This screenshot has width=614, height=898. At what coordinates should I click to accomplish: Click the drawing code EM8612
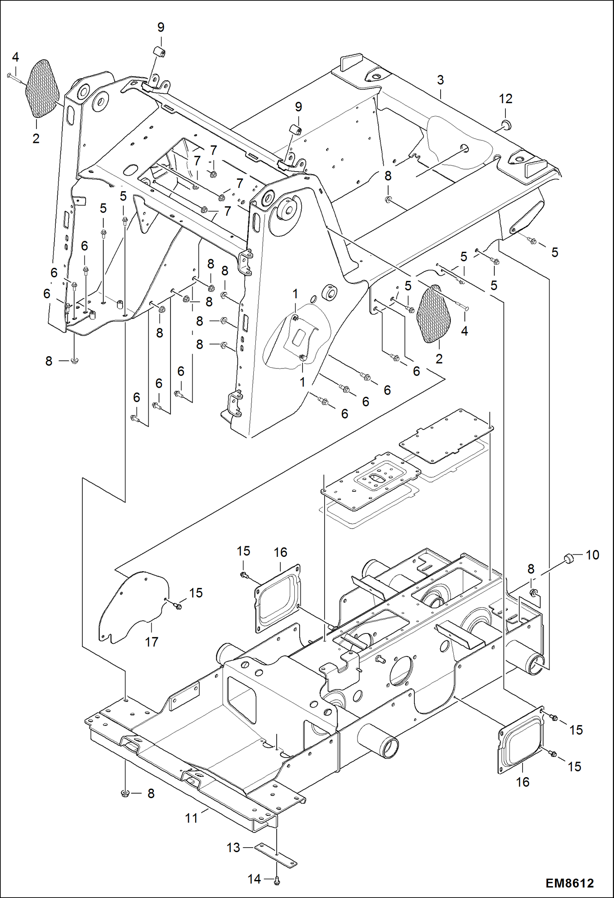(569, 883)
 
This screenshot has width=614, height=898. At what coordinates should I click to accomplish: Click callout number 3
(440, 80)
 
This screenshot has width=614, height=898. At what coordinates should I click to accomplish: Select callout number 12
(505, 99)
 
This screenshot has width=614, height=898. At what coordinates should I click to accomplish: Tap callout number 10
(592, 555)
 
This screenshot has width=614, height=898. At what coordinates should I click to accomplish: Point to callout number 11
(191, 818)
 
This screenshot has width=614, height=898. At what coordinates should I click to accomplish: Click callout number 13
(233, 848)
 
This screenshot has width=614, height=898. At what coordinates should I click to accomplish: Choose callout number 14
(254, 879)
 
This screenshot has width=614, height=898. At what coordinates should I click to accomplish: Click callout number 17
(151, 642)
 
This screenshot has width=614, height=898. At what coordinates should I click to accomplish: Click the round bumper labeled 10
(569, 558)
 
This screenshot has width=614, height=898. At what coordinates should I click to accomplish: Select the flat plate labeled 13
(275, 855)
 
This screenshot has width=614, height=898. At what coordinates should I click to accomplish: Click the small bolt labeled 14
(276, 880)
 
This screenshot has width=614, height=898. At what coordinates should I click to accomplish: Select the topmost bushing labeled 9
(159, 52)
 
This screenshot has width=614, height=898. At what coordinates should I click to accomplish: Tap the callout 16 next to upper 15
(280, 552)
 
